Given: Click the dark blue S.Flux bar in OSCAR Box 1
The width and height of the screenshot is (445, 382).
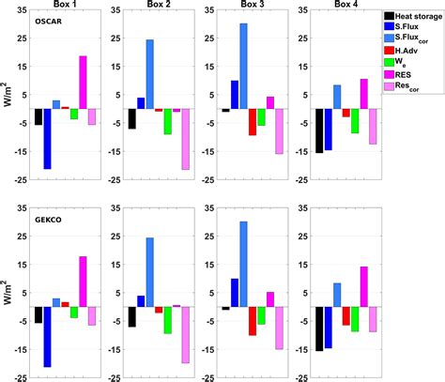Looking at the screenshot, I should click(47, 139).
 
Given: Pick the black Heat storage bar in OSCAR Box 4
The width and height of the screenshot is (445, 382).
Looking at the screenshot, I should click(320, 130).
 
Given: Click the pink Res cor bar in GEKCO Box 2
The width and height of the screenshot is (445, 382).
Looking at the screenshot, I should click(186, 335).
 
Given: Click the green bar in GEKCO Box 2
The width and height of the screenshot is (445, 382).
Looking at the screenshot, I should click(167, 320).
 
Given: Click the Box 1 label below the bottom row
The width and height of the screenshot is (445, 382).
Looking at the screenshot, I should click(60, 377).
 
